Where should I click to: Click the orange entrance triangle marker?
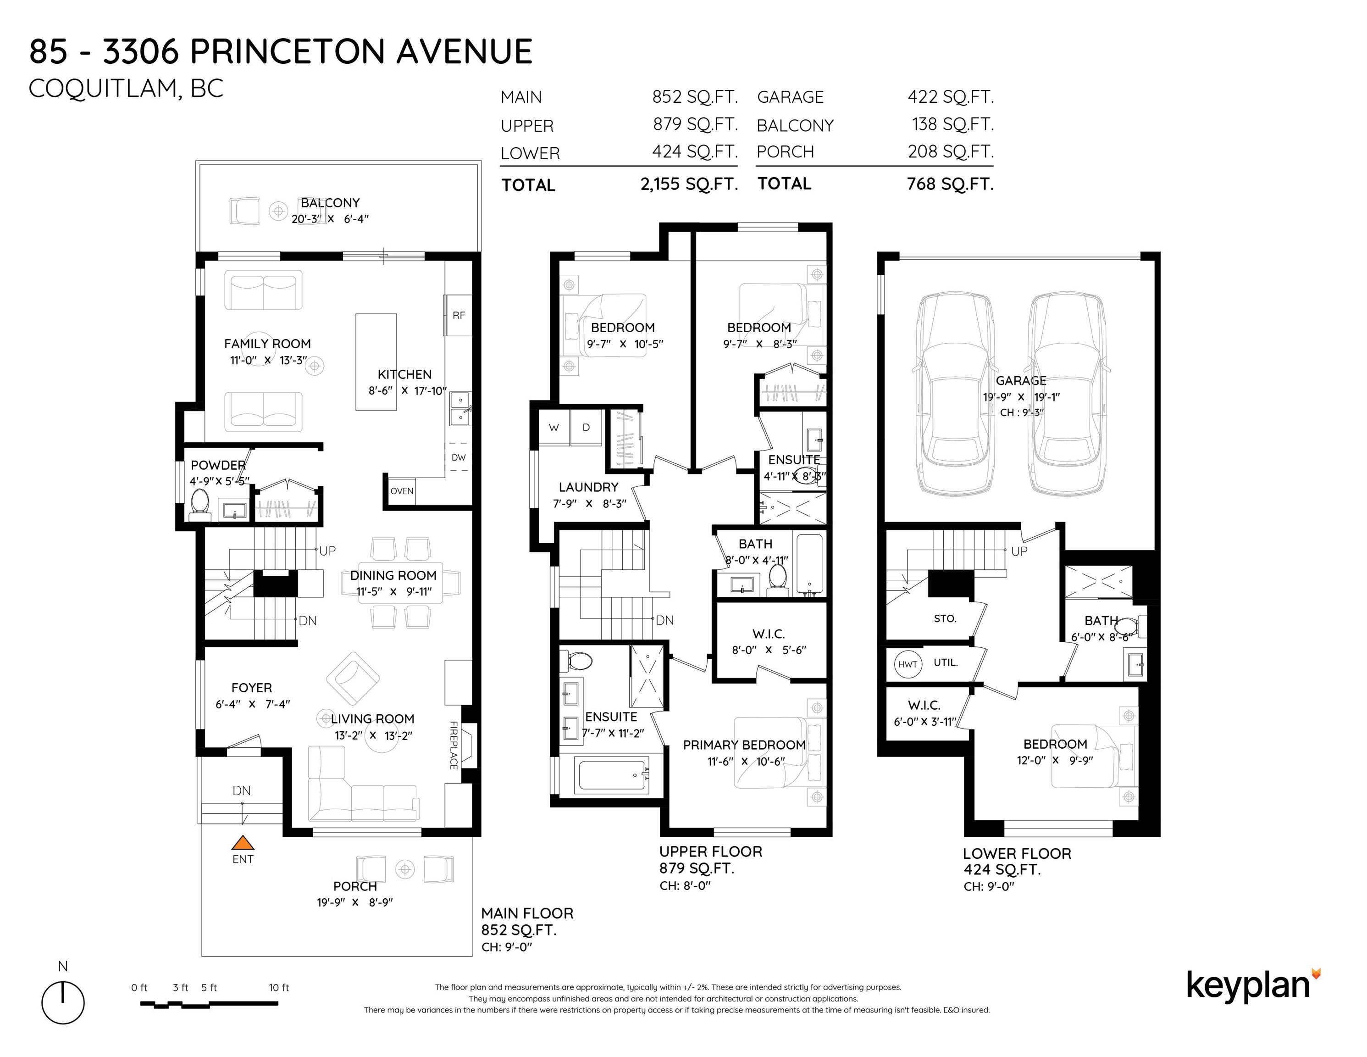coord(243,842)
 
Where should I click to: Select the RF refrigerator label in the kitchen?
coord(459,315)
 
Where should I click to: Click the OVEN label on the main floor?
coord(402,491)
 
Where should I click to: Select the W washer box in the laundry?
coord(554,428)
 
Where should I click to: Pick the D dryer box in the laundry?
coord(587,428)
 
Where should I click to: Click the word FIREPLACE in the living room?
coord(454,745)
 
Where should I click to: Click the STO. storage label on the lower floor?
coord(945,619)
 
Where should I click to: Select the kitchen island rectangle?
coord(376,362)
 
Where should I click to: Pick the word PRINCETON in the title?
coord(288,51)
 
